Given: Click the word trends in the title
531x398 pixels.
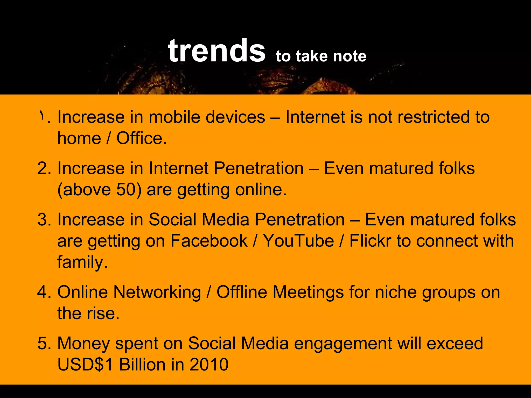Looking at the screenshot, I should pyautogui.click(x=216, y=51).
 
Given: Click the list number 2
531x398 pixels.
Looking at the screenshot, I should pyautogui.click(x=42, y=168).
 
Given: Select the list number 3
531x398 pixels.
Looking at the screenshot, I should pyautogui.click(x=42, y=220).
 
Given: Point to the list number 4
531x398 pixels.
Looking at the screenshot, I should pyautogui.click(x=42, y=292).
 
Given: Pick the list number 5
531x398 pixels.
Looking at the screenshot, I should pyautogui.click(x=42, y=344).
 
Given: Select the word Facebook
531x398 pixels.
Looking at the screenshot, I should pyautogui.click(x=209, y=241).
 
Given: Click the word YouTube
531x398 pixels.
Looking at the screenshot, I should pyautogui.click(x=298, y=241).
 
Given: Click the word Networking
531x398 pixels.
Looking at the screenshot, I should pyautogui.click(x=157, y=292).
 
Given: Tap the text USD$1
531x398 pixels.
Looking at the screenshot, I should pyautogui.click(x=85, y=365).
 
